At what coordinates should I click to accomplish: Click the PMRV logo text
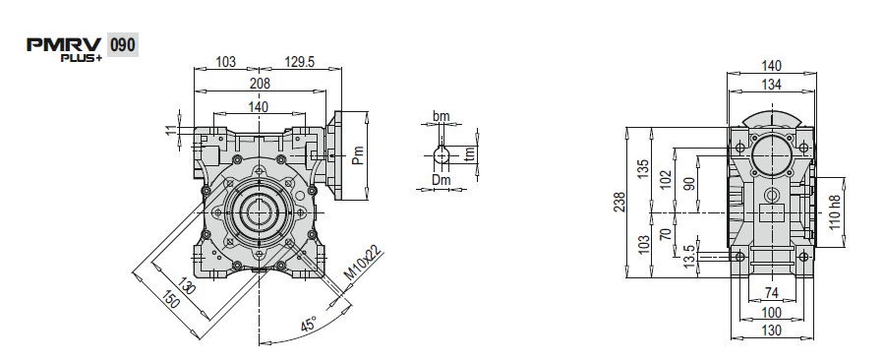(x=64, y=44)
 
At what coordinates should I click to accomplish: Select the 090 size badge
(x=122, y=45)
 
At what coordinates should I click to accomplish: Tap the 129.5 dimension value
(x=299, y=62)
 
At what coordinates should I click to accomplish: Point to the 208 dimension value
(x=260, y=84)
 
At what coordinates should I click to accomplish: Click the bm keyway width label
(x=441, y=116)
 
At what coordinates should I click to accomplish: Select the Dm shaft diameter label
(x=442, y=180)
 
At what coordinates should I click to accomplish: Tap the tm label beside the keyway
(x=470, y=152)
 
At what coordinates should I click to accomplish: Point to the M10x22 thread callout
(x=363, y=264)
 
